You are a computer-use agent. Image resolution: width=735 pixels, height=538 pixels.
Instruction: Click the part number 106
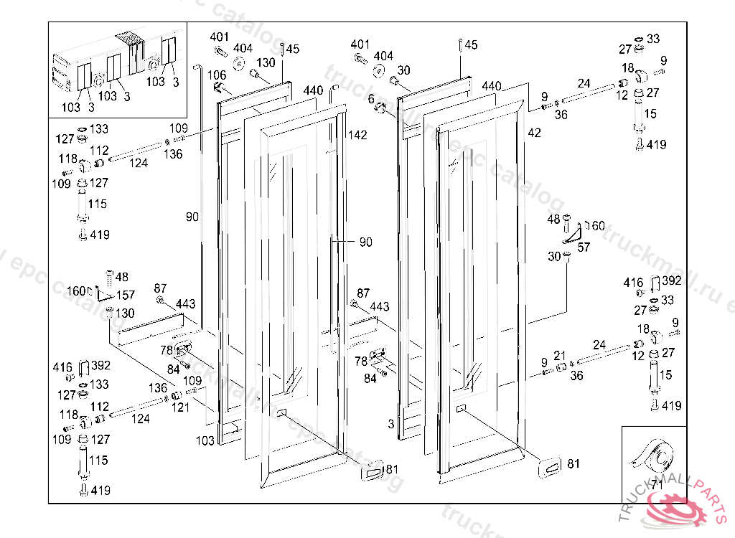click(217, 75)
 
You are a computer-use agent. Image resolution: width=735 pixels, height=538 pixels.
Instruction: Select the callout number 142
click(357, 135)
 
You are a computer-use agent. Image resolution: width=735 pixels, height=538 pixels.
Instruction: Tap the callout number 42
click(534, 133)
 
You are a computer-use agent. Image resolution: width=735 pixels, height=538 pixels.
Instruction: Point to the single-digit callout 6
click(371, 99)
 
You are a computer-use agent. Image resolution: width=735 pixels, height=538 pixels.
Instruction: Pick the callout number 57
click(584, 247)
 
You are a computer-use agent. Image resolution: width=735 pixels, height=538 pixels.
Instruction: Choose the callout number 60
click(597, 226)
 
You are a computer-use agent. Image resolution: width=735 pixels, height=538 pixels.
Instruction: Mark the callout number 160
click(77, 291)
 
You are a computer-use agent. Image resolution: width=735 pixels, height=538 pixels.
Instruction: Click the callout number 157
click(125, 296)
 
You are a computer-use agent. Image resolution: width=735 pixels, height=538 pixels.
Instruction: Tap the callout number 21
click(561, 356)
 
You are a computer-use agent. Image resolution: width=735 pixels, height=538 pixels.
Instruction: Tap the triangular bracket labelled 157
click(106, 294)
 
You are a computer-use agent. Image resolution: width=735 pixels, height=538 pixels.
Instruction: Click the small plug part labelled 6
click(380, 108)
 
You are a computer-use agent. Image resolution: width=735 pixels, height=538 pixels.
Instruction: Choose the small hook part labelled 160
click(91, 291)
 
